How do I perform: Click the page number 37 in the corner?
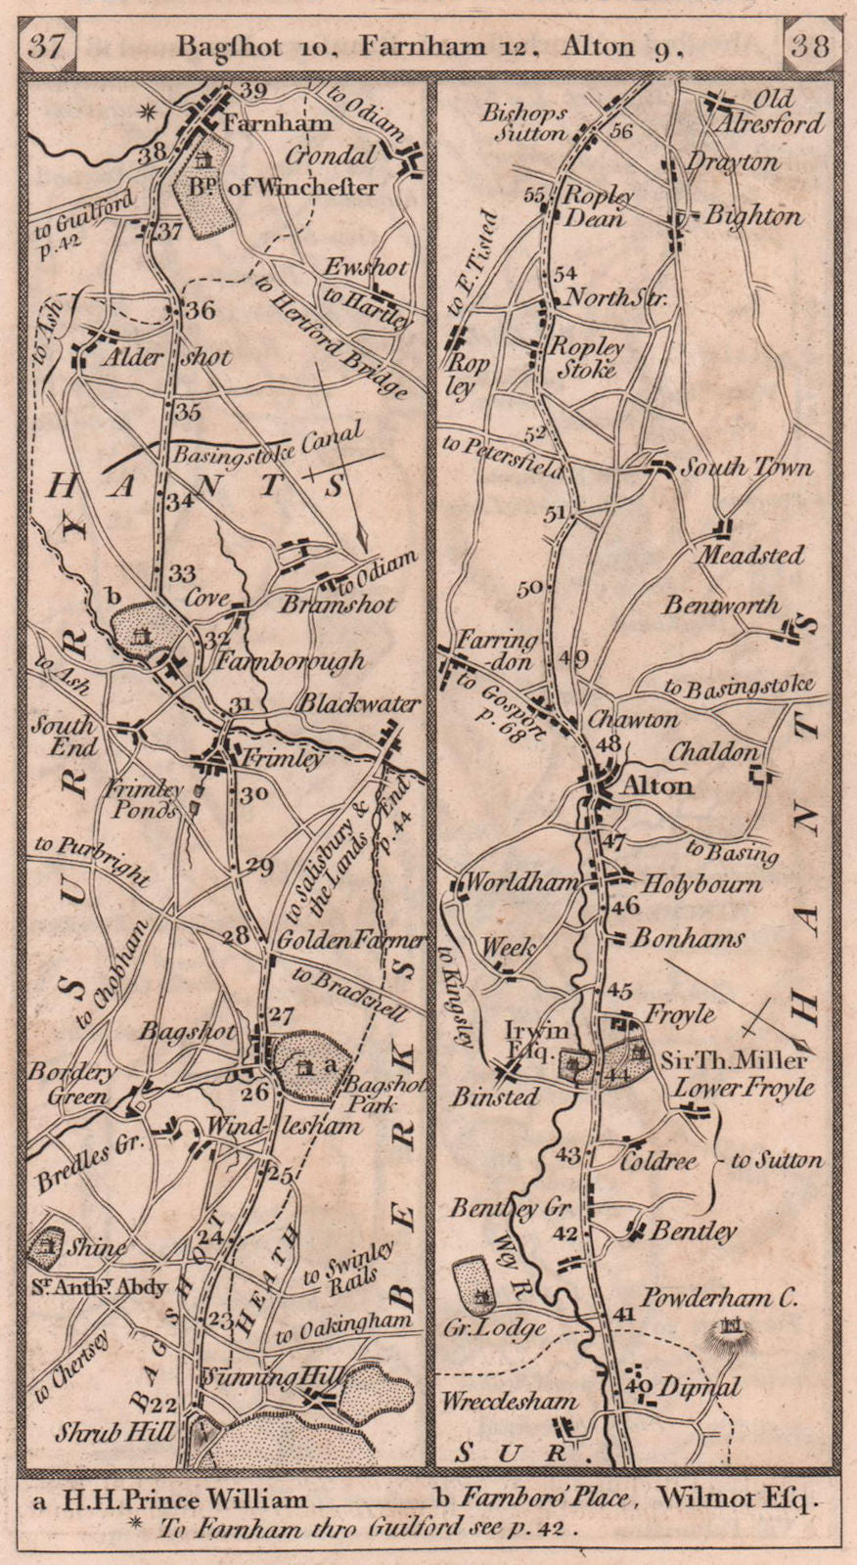click(46, 46)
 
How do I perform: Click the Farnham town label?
click(263, 124)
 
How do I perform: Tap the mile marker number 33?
click(182, 574)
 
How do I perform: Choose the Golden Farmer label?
click(351, 940)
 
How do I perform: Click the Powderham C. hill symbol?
click(732, 1328)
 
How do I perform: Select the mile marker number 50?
click(529, 588)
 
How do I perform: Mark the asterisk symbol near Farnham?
click(148, 112)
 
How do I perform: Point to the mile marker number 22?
click(165, 1405)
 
